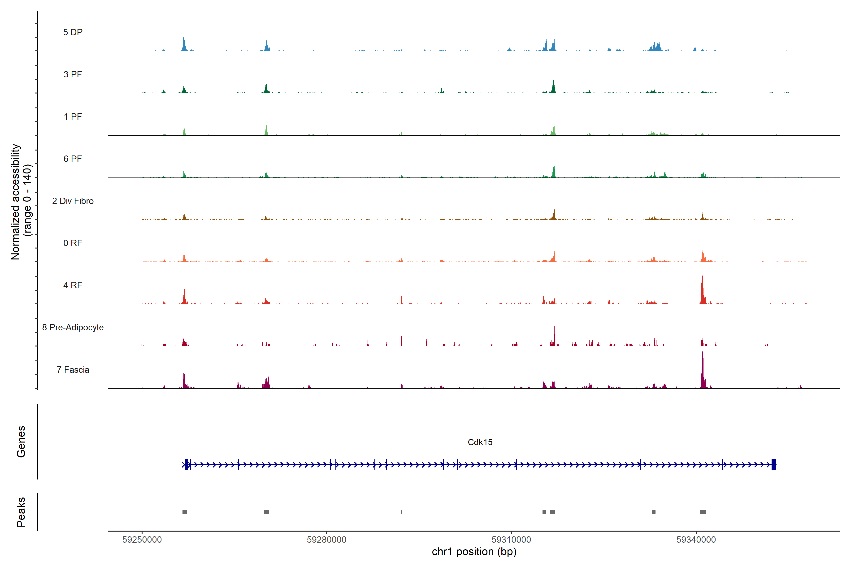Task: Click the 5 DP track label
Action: [x=73, y=32]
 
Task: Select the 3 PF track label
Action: [x=73, y=74]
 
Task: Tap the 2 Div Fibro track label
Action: [x=73, y=201]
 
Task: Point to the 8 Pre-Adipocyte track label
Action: [x=73, y=328]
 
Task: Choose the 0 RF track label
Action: [x=73, y=243]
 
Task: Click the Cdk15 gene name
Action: [x=480, y=442]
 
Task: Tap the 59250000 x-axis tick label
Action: [x=142, y=540]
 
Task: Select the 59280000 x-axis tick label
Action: [x=326, y=540]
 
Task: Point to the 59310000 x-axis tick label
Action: [x=511, y=540]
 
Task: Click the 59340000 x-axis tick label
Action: [x=696, y=540]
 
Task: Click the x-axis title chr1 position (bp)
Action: [x=474, y=552]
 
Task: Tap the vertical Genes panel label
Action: [x=21, y=442]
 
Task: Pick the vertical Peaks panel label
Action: [x=21, y=512]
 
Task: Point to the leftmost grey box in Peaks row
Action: [x=185, y=512]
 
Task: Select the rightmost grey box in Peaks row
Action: [x=703, y=512]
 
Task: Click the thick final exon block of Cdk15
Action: [x=773, y=464]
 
